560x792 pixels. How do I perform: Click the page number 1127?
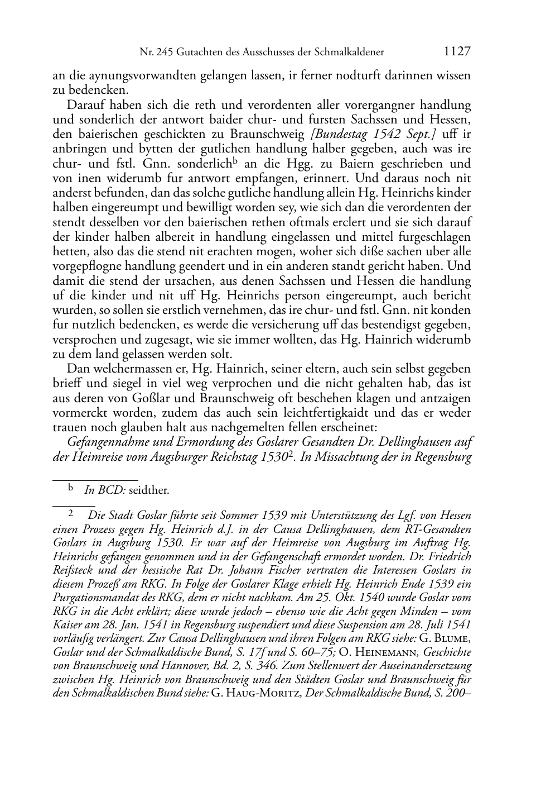[457, 52]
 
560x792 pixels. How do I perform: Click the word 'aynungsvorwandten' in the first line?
[131, 76]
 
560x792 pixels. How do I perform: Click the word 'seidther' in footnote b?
[148, 491]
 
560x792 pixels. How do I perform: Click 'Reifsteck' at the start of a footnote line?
[71, 570]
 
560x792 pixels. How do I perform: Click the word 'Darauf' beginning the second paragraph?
[84, 105]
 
